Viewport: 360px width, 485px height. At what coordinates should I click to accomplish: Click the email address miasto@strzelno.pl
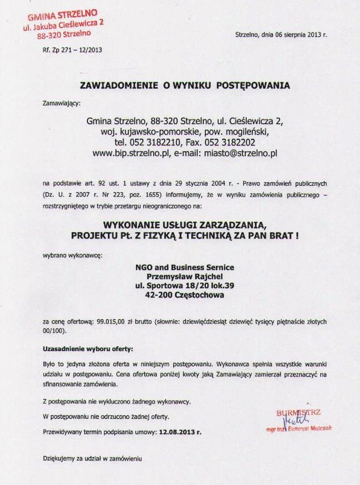240,154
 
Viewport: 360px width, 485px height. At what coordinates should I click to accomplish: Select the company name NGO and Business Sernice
185,267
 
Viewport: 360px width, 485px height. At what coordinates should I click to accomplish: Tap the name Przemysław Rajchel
185,276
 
